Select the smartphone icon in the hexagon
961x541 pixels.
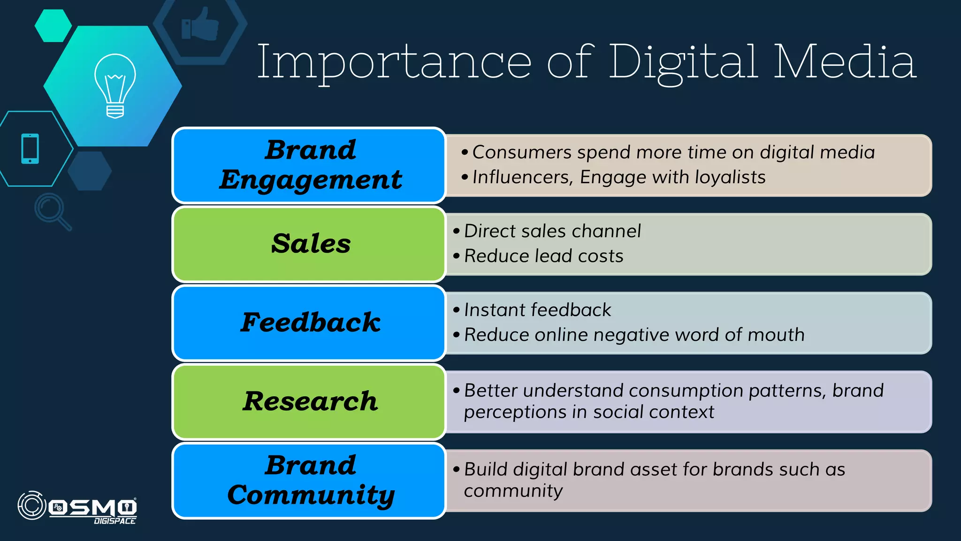point(30,149)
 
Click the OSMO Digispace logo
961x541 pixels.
point(78,507)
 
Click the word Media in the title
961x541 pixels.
point(845,62)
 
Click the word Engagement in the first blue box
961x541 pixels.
point(311,180)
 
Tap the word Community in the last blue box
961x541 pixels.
point(311,495)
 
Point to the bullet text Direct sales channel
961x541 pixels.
point(552,231)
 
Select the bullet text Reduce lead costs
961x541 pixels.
point(543,256)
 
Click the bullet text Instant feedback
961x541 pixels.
point(537,310)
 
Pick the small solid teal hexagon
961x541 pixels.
point(53,26)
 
